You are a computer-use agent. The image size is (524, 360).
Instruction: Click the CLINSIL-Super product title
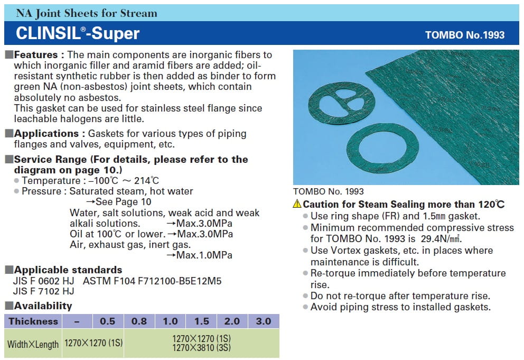tap(78, 33)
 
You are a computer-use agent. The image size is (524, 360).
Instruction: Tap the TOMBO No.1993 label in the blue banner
tap(465, 35)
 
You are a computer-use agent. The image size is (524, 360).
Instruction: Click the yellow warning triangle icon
tap(297, 204)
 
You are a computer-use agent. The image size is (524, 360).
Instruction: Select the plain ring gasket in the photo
tap(382, 149)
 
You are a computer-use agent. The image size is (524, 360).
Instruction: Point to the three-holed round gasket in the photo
tap(341, 104)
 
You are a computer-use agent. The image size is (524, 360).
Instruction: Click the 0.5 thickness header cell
tap(108, 321)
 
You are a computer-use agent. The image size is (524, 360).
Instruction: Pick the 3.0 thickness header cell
tap(264, 321)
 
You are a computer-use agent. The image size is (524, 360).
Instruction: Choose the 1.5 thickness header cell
tap(201, 321)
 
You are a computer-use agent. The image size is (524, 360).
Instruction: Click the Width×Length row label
tap(33, 344)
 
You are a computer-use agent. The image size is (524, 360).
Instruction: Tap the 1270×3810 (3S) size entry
tap(201, 348)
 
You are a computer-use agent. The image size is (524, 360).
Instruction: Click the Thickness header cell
tap(33, 321)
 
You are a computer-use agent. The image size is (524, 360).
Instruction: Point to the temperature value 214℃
tap(146, 181)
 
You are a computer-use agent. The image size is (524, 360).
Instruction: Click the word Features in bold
tap(36, 54)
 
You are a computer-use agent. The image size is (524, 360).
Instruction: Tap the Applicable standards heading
tap(68, 270)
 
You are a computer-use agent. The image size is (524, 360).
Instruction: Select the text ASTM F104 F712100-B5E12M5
tap(152, 281)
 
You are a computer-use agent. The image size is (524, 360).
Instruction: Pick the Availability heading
tap(43, 306)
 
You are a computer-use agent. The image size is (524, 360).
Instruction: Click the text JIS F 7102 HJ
tap(43, 291)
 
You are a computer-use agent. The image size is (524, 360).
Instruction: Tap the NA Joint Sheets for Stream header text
tap(87, 13)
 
